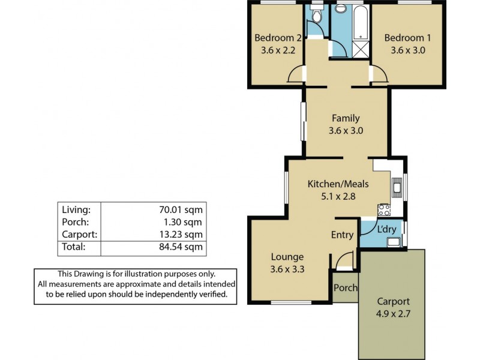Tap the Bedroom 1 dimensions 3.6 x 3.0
click(408, 50)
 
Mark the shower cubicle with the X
click(361, 49)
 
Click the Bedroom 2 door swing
click(296, 75)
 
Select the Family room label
click(346, 118)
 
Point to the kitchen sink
click(397, 187)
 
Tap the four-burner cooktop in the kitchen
click(384, 210)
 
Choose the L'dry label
click(385, 229)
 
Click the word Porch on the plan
click(346, 288)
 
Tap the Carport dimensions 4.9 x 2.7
click(392, 313)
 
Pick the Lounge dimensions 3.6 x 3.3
click(287, 269)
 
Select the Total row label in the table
click(74, 247)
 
